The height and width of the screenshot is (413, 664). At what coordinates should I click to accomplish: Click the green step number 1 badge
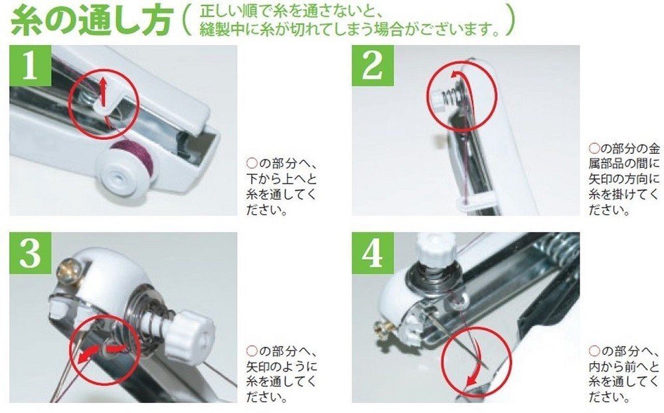coord(30,66)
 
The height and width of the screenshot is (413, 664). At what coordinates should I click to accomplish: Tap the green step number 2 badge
coord(373,66)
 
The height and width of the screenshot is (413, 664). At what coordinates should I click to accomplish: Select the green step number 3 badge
coord(30,253)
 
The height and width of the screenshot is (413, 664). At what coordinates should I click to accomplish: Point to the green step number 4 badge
coord(373,253)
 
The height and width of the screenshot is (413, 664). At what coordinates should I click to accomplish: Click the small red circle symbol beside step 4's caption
coord(594,351)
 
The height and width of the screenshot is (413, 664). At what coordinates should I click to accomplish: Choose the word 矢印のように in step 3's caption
coord(282,366)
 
